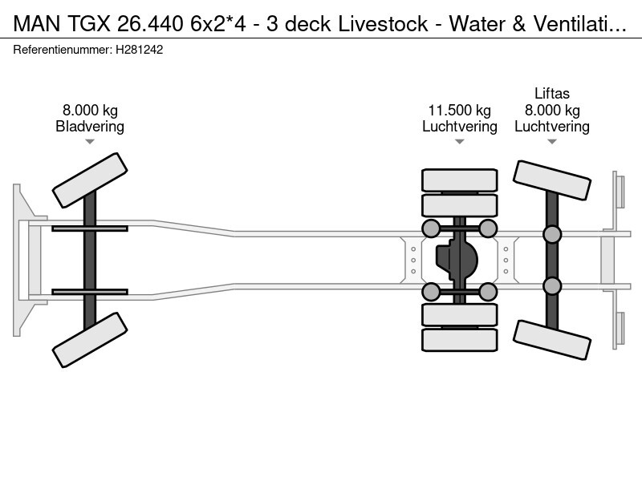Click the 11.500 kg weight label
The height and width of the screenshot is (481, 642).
(459, 111)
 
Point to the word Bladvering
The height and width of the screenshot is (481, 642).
(90, 127)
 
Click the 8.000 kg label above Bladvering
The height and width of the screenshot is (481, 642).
(90, 111)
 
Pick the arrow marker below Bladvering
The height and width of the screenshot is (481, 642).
(90, 142)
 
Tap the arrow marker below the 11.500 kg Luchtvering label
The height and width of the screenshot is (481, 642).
(459, 142)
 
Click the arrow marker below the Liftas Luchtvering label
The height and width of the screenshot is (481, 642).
(551, 142)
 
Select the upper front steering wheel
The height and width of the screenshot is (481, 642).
(90, 180)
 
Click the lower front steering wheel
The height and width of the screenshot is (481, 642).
(90, 340)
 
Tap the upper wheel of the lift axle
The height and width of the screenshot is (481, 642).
(552, 180)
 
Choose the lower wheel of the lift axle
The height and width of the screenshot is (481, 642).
(552, 340)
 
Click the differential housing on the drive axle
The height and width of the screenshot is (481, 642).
(457, 259)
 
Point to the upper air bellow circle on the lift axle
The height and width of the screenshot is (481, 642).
(551, 234)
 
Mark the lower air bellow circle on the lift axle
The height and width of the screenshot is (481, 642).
(551, 285)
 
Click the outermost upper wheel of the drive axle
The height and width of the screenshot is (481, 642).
(460, 180)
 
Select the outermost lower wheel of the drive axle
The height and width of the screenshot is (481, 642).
(460, 340)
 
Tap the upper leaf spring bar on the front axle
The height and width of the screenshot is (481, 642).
(90, 228)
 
